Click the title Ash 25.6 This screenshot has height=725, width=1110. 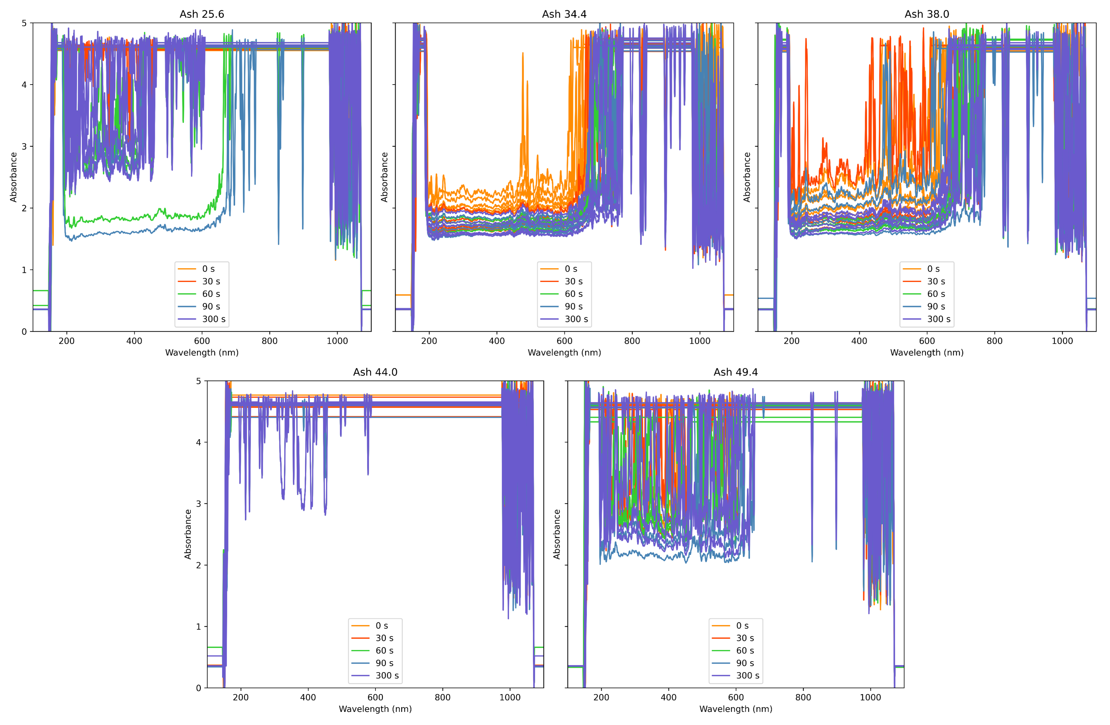(x=202, y=14)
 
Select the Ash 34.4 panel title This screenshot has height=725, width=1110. (x=564, y=14)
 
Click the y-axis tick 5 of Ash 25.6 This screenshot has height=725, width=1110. (x=24, y=23)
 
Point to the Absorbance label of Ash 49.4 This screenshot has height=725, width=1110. (x=556, y=534)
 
